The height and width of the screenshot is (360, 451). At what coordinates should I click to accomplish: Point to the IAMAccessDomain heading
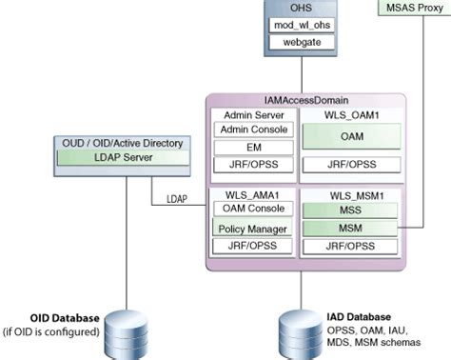(306, 100)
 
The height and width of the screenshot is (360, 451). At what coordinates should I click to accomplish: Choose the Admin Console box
(251, 129)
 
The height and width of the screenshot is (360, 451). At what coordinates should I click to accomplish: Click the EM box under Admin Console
(251, 148)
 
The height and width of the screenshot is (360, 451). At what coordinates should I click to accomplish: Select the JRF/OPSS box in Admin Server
(251, 167)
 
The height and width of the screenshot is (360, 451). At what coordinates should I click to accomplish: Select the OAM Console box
(251, 210)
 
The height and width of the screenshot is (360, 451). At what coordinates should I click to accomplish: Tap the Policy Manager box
(251, 229)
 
